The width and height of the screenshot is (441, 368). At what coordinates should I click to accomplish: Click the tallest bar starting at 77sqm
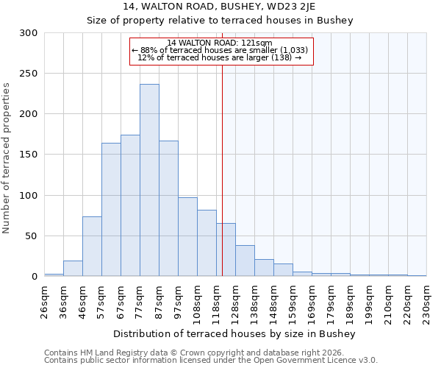149,180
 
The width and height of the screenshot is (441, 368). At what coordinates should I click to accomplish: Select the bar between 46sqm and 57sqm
92,247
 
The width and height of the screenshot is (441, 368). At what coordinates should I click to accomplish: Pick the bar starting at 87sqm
168,208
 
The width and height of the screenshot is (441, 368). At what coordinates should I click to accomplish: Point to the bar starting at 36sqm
73,269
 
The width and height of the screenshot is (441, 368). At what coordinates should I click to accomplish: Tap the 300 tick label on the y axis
29,33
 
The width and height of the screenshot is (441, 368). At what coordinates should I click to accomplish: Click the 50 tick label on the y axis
32,236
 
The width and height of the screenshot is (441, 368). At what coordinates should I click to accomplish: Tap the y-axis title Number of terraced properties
7,158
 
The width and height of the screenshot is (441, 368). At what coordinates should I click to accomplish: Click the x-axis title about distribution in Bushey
235,334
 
